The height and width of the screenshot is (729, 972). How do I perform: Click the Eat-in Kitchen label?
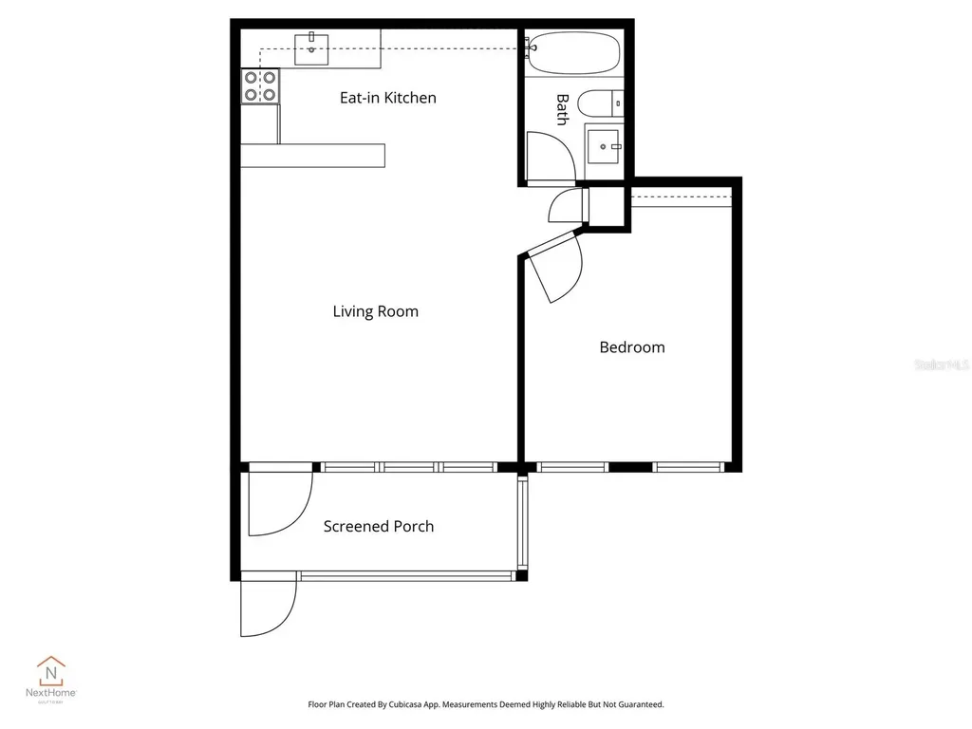tap(388, 98)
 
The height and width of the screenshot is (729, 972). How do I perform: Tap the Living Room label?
tap(375, 311)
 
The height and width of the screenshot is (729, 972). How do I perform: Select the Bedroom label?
tap(631, 347)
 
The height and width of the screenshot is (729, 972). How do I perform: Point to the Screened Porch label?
tap(379, 527)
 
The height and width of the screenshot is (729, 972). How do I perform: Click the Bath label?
tap(561, 109)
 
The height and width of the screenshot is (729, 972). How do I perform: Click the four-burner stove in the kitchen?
tap(259, 86)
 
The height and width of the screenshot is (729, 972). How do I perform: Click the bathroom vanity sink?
tap(604, 147)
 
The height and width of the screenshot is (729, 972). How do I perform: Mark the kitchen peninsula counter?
tap(312, 156)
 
